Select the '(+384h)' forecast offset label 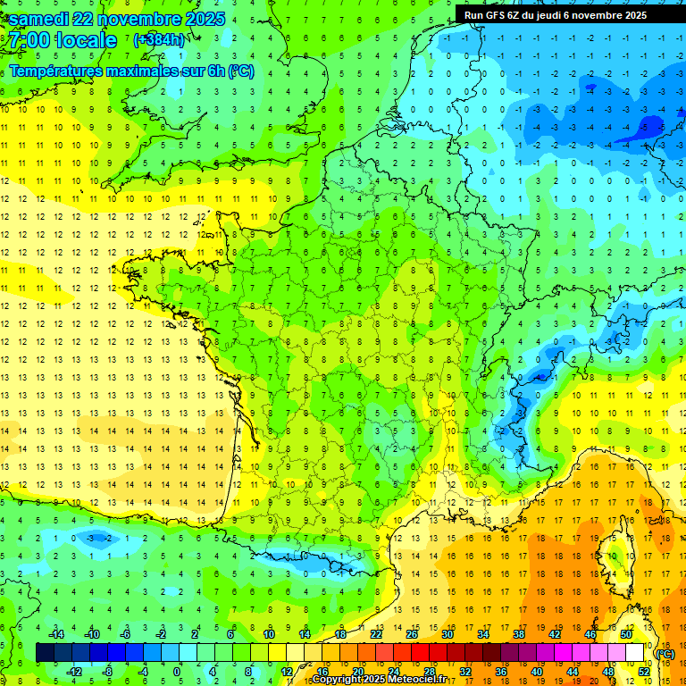click(160, 40)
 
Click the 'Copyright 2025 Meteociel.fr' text click(379, 680)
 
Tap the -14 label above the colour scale click(56, 634)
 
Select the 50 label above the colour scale click(625, 634)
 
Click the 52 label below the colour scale click(643, 671)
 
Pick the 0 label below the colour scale click(176, 671)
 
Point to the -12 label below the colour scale click(74, 671)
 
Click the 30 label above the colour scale click(448, 634)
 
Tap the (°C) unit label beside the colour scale click(665, 653)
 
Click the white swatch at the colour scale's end click(634, 653)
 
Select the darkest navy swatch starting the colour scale click(45, 653)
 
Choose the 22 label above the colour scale click(376, 634)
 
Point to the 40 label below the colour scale click(537, 671)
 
